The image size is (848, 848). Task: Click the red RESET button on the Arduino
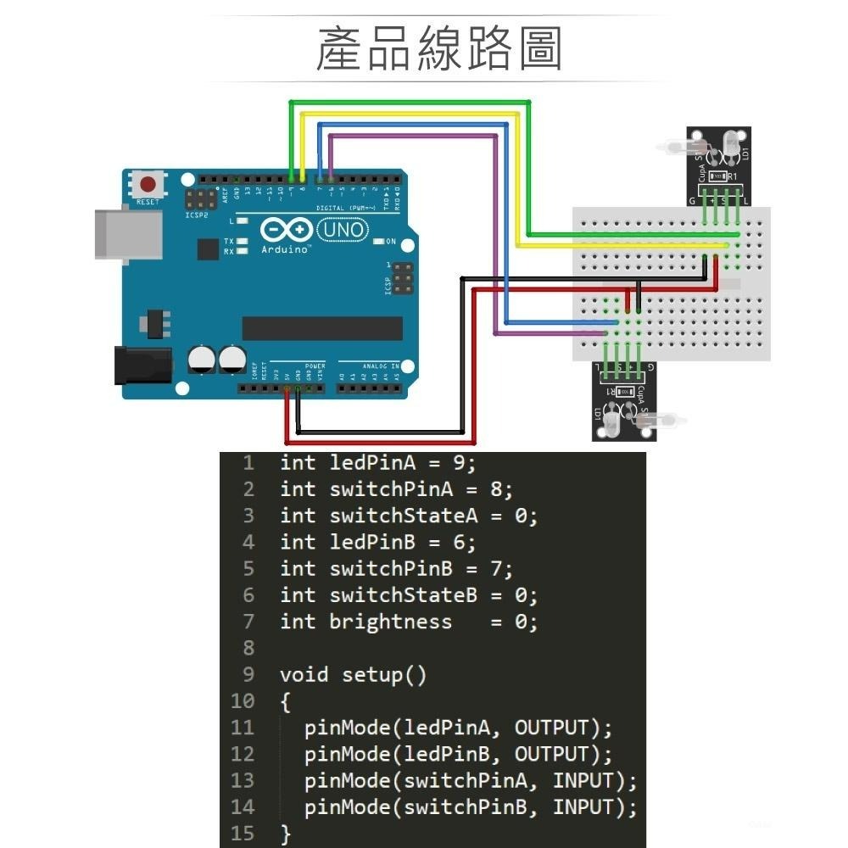(150, 184)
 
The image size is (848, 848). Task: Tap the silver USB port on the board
(127, 233)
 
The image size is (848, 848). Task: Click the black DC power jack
(142, 364)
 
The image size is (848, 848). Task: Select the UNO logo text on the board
(343, 230)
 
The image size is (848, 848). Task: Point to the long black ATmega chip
(322, 328)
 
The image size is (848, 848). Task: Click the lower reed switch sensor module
(625, 403)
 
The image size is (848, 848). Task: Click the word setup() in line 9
(384, 675)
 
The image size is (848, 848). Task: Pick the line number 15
(242, 834)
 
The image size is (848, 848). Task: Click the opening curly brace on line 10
(286, 701)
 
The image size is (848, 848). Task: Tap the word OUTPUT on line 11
(551, 728)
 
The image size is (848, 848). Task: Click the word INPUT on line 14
(582, 807)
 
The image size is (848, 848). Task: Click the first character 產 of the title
(340, 48)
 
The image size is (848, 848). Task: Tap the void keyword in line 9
(304, 675)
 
